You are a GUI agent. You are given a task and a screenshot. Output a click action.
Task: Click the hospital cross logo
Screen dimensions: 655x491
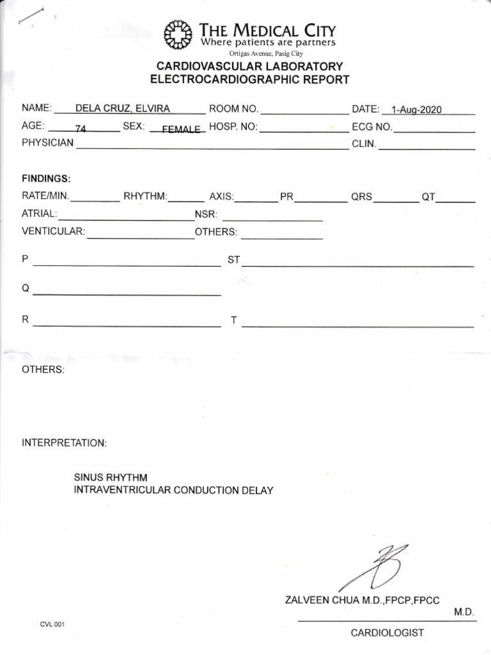[178, 35]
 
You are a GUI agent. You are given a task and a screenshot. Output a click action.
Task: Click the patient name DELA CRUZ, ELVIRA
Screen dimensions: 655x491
[123, 109]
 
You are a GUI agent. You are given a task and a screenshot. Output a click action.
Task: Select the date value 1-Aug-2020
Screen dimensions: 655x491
[416, 110]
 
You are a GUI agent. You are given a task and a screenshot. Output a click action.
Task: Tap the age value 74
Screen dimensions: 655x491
[81, 129]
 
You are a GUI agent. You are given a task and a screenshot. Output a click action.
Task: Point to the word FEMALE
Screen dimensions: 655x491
[181, 129]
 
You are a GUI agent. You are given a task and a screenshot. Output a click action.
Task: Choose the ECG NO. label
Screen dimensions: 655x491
[372, 127]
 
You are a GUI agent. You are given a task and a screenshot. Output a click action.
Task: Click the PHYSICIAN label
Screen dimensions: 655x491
[48, 143]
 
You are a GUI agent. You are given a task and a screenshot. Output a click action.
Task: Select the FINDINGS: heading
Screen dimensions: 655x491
[46, 178]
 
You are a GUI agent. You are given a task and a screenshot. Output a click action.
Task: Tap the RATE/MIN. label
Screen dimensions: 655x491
[46, 196]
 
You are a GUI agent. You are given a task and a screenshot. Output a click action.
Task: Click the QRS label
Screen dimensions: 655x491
[361, 197]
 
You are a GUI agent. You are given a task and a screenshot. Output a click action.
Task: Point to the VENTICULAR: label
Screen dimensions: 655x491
[53, 232]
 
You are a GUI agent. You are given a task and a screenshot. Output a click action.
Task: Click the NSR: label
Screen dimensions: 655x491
[207, 214]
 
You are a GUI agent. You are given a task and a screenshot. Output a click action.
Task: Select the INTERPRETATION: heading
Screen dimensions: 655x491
[65, 443]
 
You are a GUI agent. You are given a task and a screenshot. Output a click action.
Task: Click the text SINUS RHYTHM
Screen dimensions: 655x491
[111, 478]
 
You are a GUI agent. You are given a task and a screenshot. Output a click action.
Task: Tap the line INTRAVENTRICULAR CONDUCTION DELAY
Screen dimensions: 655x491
[174, 491]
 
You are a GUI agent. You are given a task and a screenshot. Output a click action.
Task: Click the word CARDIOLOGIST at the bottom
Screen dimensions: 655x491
[387, 633]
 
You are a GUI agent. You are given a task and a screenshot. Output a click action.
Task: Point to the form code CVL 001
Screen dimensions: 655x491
[51, 624]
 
